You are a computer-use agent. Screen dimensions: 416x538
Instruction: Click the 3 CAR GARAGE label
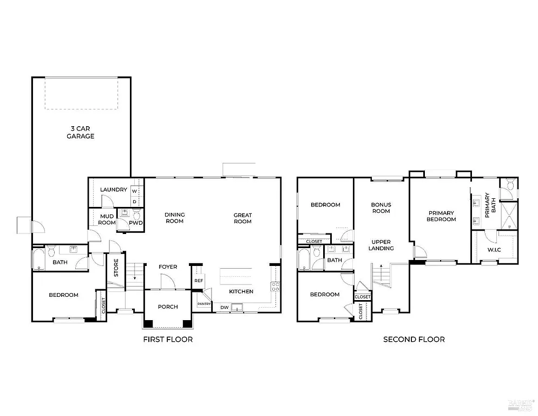(80, 132)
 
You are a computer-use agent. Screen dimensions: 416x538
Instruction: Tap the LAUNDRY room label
(114, 190)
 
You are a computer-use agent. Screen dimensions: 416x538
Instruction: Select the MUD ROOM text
(107, 219)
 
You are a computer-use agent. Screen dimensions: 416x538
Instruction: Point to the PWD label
(136, 223)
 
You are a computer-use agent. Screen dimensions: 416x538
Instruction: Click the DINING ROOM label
(174, 218)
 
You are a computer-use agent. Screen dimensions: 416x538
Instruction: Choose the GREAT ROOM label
(242, 218)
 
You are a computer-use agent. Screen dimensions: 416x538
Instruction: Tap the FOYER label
(168, 266)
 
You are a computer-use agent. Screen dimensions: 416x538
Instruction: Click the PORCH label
(168, 307)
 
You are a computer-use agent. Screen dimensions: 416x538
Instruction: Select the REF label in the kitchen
(199, 281)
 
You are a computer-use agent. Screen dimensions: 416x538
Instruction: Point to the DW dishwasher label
(224, 308)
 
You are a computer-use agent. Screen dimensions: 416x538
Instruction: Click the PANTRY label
(204, 304)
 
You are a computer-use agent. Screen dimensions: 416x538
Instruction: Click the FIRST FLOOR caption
(168, 340)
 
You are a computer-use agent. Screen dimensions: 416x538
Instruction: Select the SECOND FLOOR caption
(414, 340)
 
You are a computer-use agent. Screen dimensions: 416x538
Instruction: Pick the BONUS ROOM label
(381, 207)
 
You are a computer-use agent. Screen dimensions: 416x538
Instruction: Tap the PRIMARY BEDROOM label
(441, 216)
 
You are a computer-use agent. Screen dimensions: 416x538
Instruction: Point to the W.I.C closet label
(493, 250)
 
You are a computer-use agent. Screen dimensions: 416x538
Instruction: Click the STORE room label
(116, 268)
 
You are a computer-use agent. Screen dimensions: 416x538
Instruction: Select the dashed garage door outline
(81, 94)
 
